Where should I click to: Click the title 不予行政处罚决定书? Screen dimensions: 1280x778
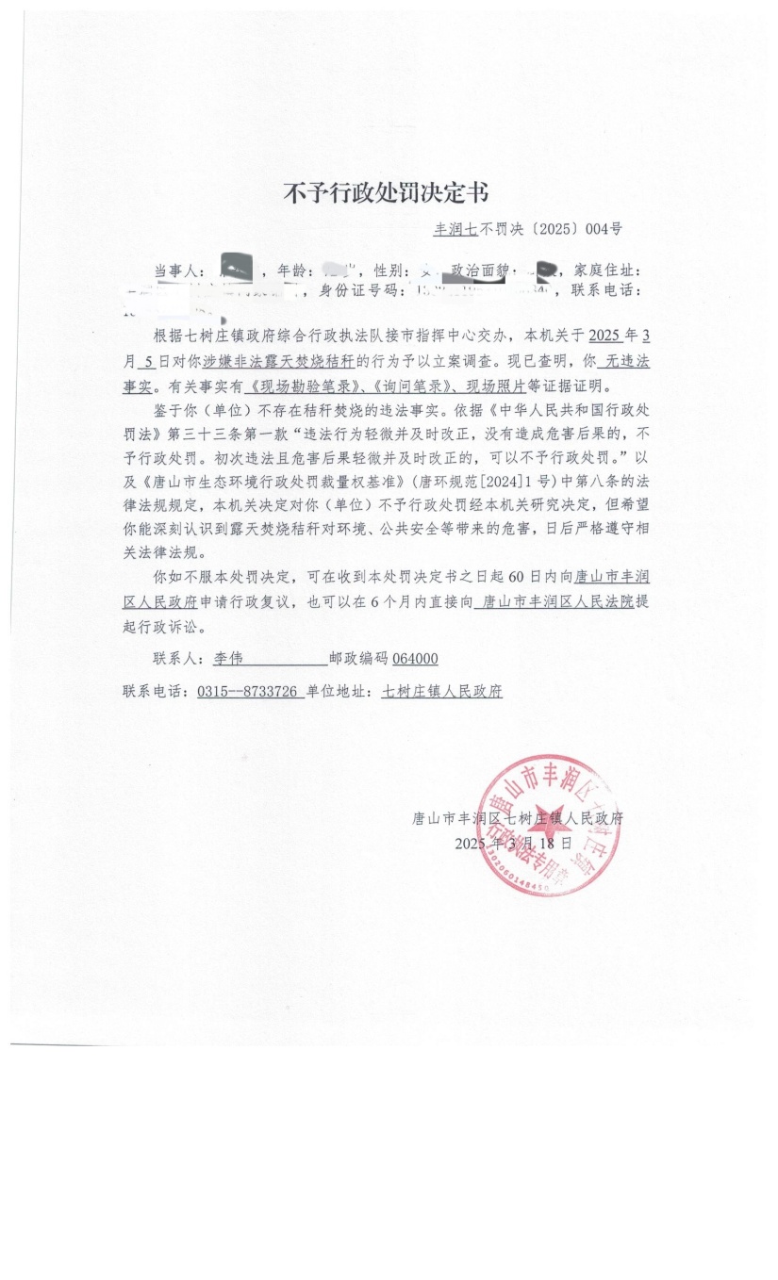point(386,193)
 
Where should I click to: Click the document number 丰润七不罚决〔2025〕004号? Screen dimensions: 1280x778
point(527,228)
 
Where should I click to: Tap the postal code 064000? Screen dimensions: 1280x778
point(415,659)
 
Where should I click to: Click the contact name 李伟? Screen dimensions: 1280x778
point(216,659)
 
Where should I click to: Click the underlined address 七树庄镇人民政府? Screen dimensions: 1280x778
point(441,691)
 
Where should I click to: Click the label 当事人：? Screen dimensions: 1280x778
point(182,271)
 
